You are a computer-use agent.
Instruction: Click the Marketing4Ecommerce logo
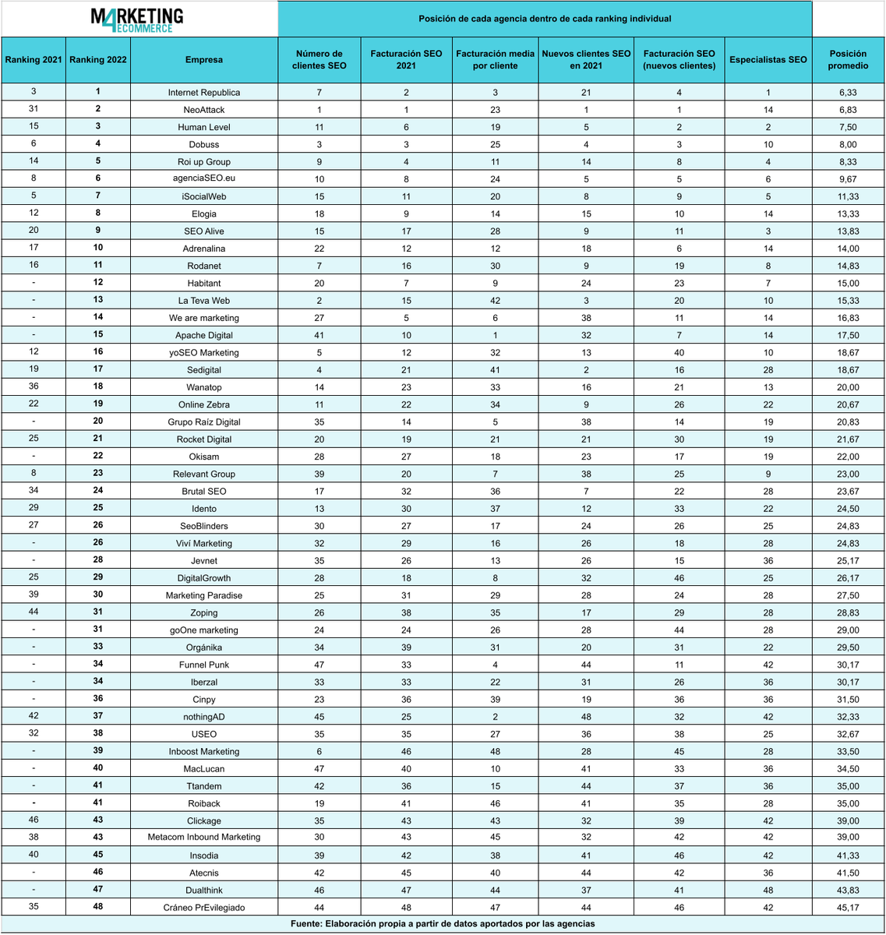[x=137, y=19]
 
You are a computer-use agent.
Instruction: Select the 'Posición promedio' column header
[x=848, y=60]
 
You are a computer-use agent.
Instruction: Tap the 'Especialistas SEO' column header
[x=768, y=60]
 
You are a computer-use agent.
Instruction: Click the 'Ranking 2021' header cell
[x=33, y=60]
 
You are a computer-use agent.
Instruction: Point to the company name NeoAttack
[x=204, y=110]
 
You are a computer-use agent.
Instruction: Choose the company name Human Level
[x=204, y=127]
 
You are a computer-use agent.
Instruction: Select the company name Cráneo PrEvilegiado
[x=204, y=908]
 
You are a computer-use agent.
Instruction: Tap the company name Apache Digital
[x=204, y=335]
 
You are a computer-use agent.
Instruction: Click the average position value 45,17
[x=848, y=908]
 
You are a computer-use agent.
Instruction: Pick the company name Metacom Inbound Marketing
[x=204, y=838]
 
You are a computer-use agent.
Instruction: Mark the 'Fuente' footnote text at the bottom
[x=443, y=924]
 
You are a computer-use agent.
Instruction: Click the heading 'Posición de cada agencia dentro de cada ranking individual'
[x=545, y=19]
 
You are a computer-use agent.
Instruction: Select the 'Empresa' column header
[x=204, y=60]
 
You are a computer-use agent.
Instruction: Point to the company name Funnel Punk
[x=204, y=665]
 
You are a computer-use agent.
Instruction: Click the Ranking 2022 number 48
[x=98, y=907]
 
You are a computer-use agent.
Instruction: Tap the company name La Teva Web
[x=204, y=301]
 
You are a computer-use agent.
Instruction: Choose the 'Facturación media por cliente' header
[x=496, y=60]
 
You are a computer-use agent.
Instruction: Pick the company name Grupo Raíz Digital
[x=204, y=422]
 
